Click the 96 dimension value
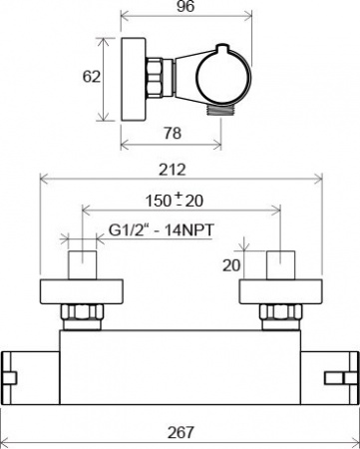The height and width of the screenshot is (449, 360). pyautogui.click(x=185, y=6)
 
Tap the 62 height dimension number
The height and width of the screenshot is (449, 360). pyautogui.click(x=92, y=77)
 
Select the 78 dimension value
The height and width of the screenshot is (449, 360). pyautogui.click(x=173, y=134)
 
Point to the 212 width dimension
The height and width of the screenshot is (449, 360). pyautogui.click(x=177, y=170)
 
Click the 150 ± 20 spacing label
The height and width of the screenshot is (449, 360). pyautogui.click(x=175, y=200)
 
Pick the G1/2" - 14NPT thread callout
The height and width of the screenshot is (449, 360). pyautogui.click(x=162, y=230)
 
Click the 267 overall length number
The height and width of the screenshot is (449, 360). pyautogui.click(x=180, y=432)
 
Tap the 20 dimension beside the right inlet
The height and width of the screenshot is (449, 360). pyautogui.click(x=231, y=265)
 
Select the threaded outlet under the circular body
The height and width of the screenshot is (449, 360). pyautogui.click(x=220, y=110)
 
